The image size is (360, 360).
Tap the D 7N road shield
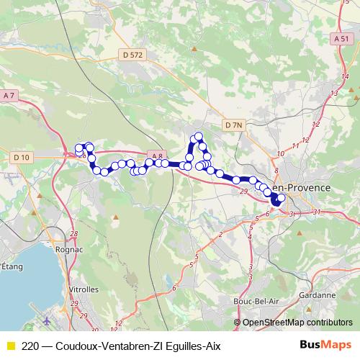(x=234, y=125)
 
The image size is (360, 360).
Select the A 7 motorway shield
(x=9, y=96)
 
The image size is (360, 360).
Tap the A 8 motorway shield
(x=158, y=155)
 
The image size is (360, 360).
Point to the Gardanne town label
(x=316, y=294)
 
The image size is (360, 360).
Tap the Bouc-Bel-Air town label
(x=251, y=300)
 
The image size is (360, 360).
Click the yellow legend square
(x=9, y=345)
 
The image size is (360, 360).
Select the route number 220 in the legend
(x=31, y=345)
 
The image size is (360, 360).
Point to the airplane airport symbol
(x=47, y=319)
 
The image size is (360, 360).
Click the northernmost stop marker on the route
(x=198, y=136)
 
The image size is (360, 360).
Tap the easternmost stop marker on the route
(x=281, y=199)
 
